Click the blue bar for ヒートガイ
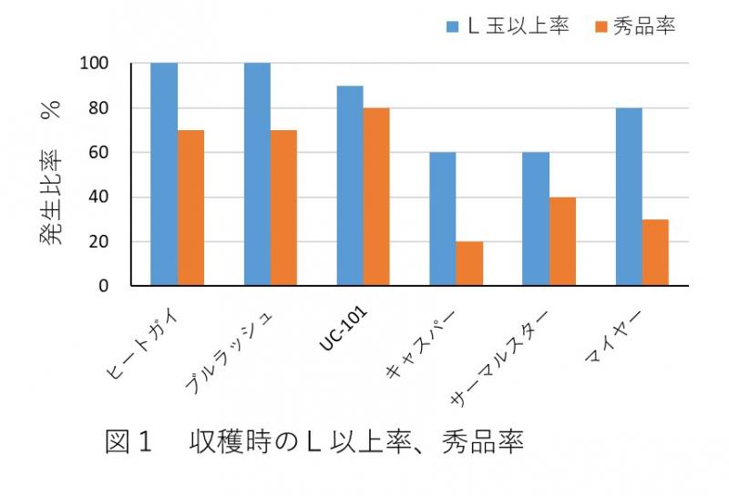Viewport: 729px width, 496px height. click(164, 174)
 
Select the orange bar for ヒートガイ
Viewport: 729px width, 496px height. click(190, 208)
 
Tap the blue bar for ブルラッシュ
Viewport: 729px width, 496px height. click(257, 174)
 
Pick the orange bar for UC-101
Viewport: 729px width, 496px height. click(376, 197)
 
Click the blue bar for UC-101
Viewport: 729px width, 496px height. click(350, 186)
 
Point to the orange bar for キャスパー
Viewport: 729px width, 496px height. click(469, 264)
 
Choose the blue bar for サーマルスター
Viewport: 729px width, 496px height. click(536, 219)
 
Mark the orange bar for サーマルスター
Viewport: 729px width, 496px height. click(562, 241)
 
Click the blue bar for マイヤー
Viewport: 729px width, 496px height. click(629, 197)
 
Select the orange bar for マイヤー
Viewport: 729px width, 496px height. click(655, 252)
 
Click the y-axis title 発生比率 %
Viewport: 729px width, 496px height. click(51, 173)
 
